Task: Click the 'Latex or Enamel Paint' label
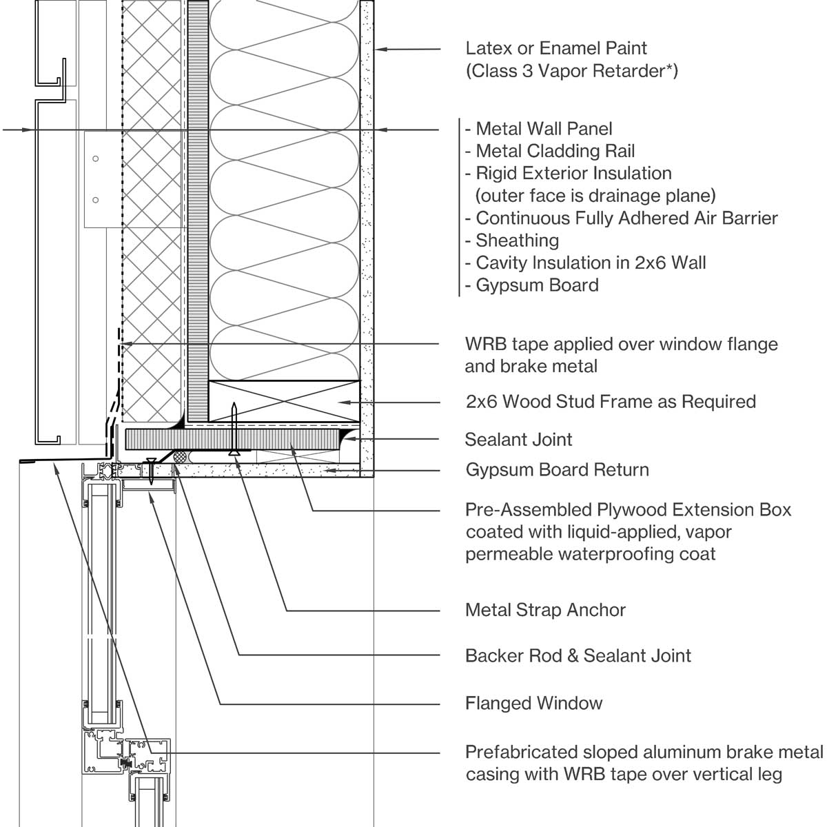[x=556, y=49]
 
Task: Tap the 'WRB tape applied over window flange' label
[x=621, y=345]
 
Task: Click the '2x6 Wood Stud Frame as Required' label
[x=611, y=402]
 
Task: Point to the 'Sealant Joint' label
[x=518, y=440]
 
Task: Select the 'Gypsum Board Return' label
[x=557, y=470]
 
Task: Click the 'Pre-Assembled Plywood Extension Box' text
[x=628, y=511]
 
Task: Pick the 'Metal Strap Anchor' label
[x=545, y=610]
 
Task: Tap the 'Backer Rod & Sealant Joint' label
[x=578, y=655]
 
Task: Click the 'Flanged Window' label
[x=533, y=704]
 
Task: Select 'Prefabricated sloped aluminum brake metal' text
[x=644, y=752]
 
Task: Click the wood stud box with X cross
[x=283, y=400]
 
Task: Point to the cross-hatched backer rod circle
[x=182, y=456]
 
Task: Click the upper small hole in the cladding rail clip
[x=96, y=159]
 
